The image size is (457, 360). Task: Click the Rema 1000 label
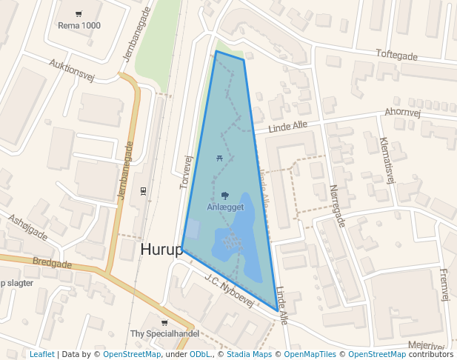coord(79,26)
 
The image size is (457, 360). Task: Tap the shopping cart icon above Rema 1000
coord(79,14)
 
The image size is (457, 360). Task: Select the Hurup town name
coord(161,250)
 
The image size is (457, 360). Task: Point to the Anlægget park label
coord(225,207)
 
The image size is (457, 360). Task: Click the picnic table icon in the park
coord(219,158)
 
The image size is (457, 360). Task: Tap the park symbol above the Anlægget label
coord(225,196)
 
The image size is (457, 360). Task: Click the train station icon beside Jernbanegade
coord(143,190)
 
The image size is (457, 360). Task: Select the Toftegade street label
coord(397,56)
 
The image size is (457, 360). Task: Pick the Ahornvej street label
coord(403,113)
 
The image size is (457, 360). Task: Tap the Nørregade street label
coord(337,206)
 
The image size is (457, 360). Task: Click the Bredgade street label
coord(52,264)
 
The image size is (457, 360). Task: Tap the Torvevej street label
coord(186,171)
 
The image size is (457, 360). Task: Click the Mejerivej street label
coord(427,345)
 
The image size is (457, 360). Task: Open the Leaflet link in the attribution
coord(42,354)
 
